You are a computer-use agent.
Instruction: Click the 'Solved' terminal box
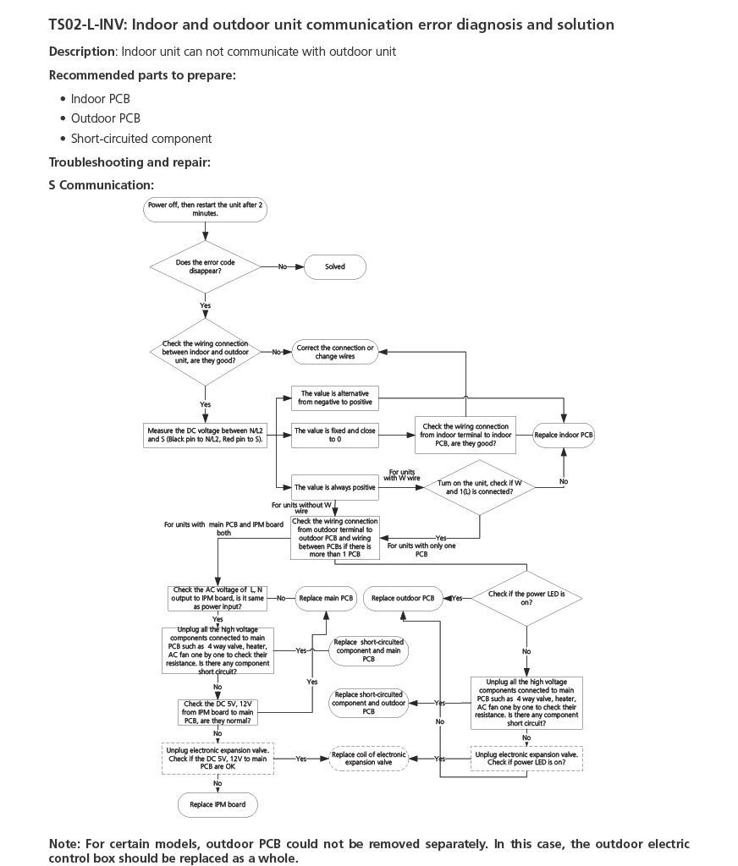click(x=335, y=266)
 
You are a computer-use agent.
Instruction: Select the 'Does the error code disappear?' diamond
click(x=206, y=266)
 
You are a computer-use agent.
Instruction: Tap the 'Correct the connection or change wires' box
click(x=334, y=352)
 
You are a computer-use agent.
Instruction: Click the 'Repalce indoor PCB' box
click(x=563, y=436)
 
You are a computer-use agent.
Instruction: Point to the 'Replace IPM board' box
click(x=218, y=804)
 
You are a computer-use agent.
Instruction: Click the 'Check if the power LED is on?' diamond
click(x=526, y=598)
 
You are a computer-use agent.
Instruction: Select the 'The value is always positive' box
click(x=334, y=488)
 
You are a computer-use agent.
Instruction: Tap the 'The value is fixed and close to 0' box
click(x=334, y=436)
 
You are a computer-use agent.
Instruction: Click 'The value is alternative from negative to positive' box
click(x=334, y=397)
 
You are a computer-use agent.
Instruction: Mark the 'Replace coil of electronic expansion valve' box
click(x=368, y=759)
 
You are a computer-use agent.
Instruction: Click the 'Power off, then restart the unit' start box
click(x=206, y=210)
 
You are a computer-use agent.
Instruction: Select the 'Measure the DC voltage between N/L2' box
click(x=205, y=436)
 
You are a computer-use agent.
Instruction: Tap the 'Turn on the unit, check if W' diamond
click(x=480, y=488)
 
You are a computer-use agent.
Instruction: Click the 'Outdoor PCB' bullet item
click(x=106, y=118)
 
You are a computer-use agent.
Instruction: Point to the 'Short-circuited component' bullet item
click(x=141, y=139)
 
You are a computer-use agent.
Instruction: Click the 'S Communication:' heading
click(x=102, y=184)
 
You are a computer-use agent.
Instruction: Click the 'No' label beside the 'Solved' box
click(x=283, y=266)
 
